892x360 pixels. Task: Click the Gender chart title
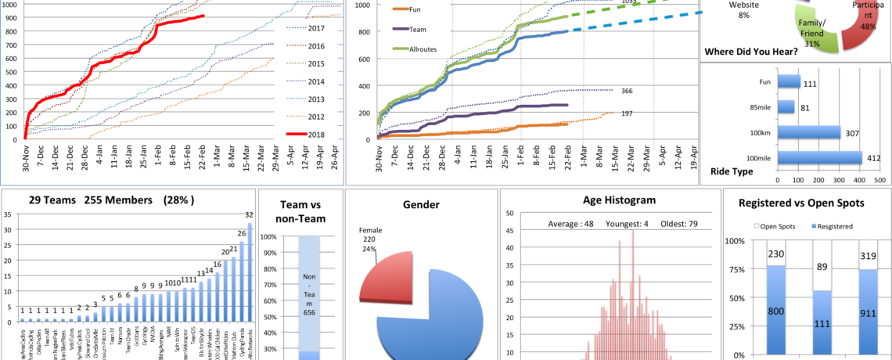(420, 205)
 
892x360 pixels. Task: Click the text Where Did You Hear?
(750, 52)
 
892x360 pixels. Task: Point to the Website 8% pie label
(743, 9)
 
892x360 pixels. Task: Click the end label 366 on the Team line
(626, 91)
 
